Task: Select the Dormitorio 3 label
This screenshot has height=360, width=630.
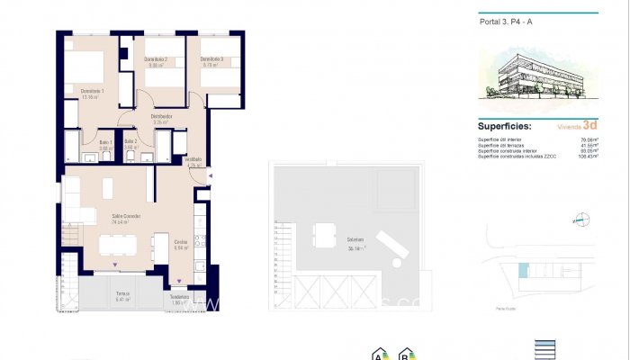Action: point(211,60)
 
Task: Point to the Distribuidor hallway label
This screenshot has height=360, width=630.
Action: point(162,117)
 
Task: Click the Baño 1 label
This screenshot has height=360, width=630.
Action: point(104,142)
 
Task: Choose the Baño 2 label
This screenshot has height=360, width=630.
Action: point(130,142)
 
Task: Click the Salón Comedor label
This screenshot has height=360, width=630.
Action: point(126,216)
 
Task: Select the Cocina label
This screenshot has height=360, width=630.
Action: point(181,243)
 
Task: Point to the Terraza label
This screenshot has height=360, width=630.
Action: point(122,293)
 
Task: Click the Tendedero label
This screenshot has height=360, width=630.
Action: point(179,298)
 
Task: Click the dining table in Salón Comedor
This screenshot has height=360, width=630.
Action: point(118,245)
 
